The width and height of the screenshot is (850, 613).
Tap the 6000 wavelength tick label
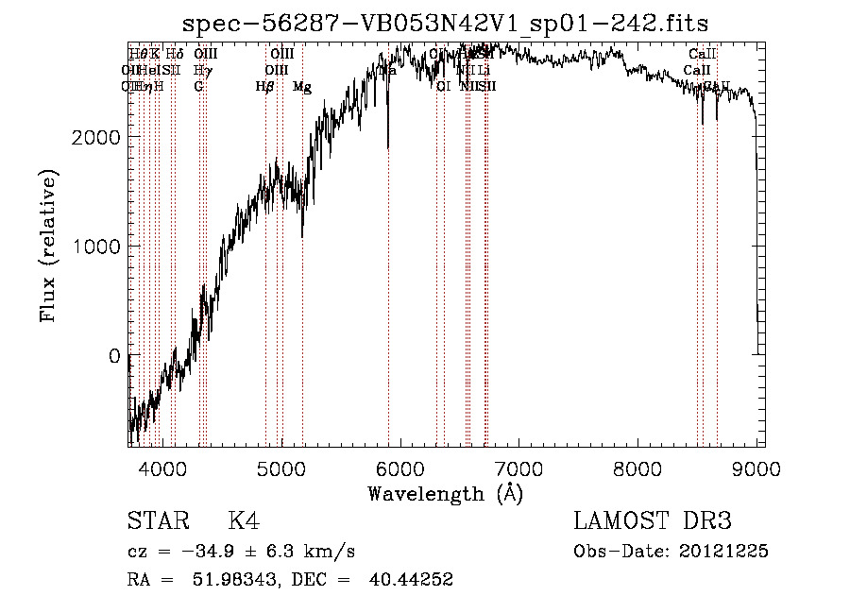click(399, 468)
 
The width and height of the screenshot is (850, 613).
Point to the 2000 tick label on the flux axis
click(94, 137)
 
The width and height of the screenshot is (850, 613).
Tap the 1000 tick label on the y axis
click(94, 247)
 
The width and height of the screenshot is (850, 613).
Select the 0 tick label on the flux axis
click(114, 356)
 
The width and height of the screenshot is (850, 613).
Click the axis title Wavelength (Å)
click(445, 493)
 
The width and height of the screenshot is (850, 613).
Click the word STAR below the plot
click(158, 521)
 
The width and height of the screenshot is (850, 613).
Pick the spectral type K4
click(244, 521)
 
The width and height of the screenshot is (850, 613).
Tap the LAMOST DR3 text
click(652, 521)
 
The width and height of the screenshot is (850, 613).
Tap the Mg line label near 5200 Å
click(302, 87)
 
